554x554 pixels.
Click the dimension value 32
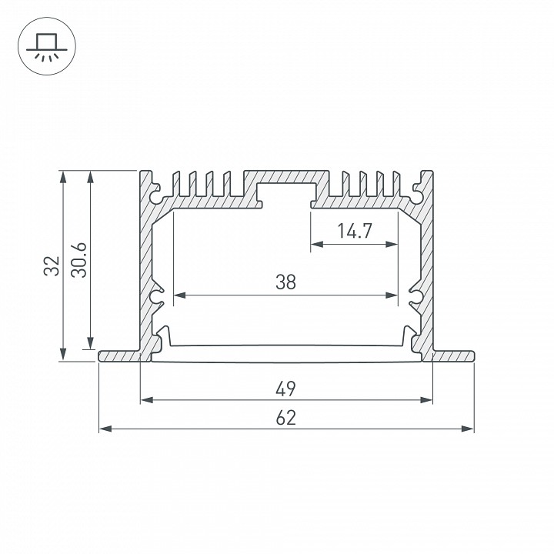click(52, 265)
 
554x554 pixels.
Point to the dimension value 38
click(285, 282)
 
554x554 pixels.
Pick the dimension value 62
click(285, 417)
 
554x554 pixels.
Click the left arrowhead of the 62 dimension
click(104, 429)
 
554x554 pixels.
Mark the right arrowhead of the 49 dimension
click(427, 399)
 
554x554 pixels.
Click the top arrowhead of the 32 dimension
click(62, 175)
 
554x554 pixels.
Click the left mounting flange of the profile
click(119, 356)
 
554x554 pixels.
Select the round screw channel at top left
click(157, 195)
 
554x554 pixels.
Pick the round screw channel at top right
click(416, 195)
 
